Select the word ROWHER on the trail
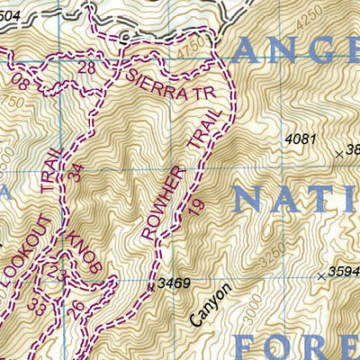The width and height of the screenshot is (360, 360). [x=162, y=206]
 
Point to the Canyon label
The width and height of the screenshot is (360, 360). [x=211, y=305]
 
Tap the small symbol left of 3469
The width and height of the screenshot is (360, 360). [x=150, y=286]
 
